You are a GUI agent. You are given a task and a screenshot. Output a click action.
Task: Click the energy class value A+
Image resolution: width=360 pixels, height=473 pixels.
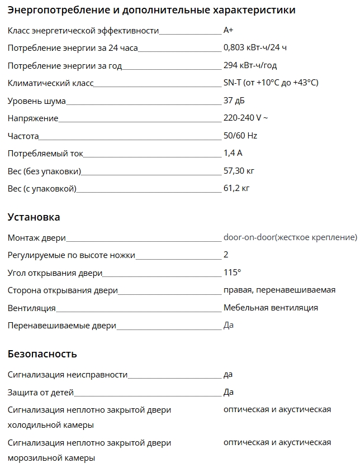[x=228, y=31]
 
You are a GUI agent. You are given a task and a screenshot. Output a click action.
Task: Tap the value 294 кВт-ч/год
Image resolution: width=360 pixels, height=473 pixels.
[x=250, y=65]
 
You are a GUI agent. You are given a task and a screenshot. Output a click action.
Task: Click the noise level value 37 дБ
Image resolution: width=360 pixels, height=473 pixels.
[x=234, y=101]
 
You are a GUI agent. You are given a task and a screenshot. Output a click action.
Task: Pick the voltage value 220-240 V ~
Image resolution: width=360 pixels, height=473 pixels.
[x=245, y=118]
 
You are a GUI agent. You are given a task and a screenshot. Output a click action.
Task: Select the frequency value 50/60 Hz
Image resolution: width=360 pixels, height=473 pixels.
[x=240, y=136]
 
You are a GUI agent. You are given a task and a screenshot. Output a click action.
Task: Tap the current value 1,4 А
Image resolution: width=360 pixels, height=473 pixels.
[x=233, y=153]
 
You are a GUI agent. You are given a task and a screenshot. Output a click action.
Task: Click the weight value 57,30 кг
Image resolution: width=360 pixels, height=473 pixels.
[x=239, y=170]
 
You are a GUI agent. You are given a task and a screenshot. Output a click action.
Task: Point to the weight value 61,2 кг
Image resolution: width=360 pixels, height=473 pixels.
[x=236, y=188]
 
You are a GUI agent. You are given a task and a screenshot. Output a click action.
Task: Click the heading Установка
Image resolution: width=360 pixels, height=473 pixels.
[x=34, y=217]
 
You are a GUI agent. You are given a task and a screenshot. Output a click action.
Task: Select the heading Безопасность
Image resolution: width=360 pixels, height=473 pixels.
[x=42, y=354]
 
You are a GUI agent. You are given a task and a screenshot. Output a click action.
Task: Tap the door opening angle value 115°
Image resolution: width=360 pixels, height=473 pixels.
[x=232, y=273]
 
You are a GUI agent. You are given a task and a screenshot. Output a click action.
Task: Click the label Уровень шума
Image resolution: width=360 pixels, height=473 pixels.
[x=37, y=101]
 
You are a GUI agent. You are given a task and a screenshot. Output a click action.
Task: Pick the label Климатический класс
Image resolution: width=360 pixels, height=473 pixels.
[x=50, y=83]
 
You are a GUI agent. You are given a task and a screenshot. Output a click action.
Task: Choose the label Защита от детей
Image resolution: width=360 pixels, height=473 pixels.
[x=41, y=393]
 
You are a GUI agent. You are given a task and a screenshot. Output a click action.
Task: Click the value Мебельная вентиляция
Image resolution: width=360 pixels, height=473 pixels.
[x=271, y=307]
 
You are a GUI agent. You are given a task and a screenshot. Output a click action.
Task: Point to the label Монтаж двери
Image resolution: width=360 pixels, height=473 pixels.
[x=37, y=238]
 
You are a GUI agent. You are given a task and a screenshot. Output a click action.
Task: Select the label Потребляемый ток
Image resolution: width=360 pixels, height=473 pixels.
[x=46, y=153]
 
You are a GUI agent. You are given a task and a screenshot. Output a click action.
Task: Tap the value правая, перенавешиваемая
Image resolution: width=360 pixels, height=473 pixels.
[x=280, y=290]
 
